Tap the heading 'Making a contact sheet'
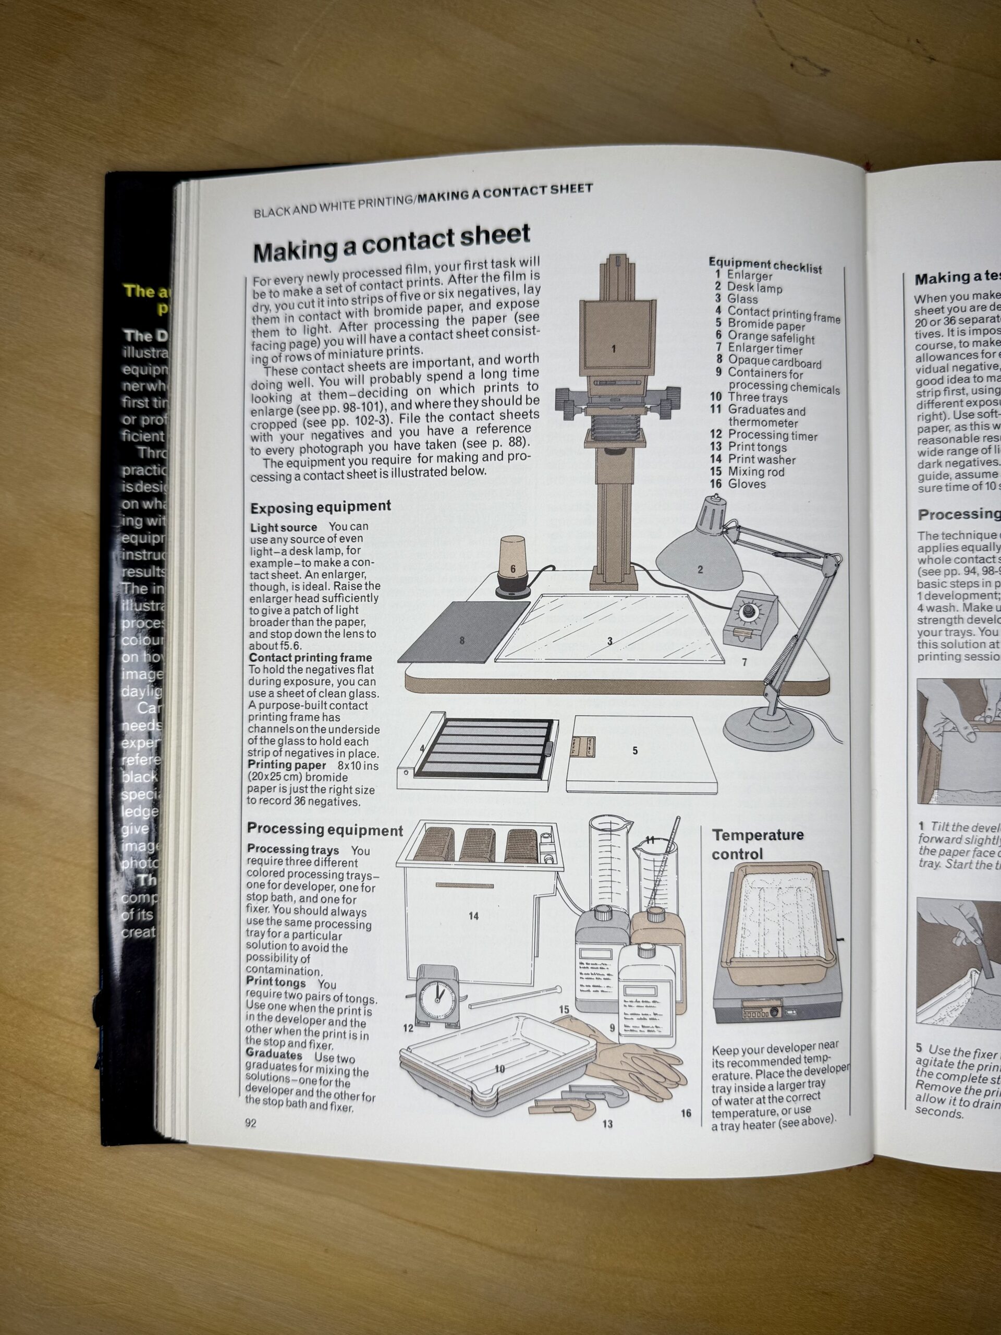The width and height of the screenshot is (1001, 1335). [x=391, y=242]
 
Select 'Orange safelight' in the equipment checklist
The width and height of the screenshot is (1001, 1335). [x=771, y=337]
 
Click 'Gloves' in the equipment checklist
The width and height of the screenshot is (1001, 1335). [x=747, y=484]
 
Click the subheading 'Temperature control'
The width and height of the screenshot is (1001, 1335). [x=757, y=844]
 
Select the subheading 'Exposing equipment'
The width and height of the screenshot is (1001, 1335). [x=321, y=507]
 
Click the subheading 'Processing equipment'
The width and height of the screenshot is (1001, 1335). [x=325, y=829]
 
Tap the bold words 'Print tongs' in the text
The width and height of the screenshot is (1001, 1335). [x=276, y=983]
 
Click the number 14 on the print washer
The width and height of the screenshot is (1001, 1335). [x=473, y=916]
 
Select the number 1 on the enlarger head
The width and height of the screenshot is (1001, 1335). [x=614, y=349]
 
